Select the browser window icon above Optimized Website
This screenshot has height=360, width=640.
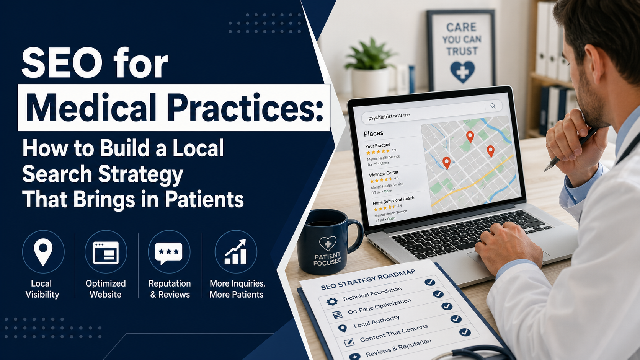click(x=106, y=252)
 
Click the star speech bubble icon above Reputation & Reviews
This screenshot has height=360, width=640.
click(x=169, y=252)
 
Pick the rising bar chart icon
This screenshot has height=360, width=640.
click(x=235, y=252)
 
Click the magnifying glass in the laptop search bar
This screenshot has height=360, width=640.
click(x=493, y=106)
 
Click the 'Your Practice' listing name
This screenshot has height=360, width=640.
click(x=377, y=145)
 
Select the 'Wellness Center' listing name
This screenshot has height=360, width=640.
click(x=384, y=174)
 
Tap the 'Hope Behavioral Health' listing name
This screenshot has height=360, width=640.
click(x=393, y=200)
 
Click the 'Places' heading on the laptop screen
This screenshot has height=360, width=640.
click(x=373, y=133)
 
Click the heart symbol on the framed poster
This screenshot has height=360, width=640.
click(x=462, y=72)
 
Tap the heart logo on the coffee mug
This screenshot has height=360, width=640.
click(x=328, y=243)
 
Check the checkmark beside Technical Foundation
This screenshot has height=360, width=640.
click(x=430, y=282)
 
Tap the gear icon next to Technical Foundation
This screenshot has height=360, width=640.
click(x=332, y=301)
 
